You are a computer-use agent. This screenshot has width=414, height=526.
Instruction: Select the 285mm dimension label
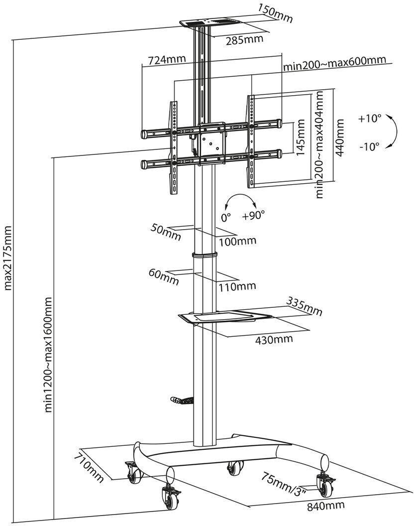click(241, 40)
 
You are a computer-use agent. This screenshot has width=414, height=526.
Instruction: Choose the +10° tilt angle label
click(369, 119)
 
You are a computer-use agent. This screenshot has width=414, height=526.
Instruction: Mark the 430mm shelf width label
click(273, 339)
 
